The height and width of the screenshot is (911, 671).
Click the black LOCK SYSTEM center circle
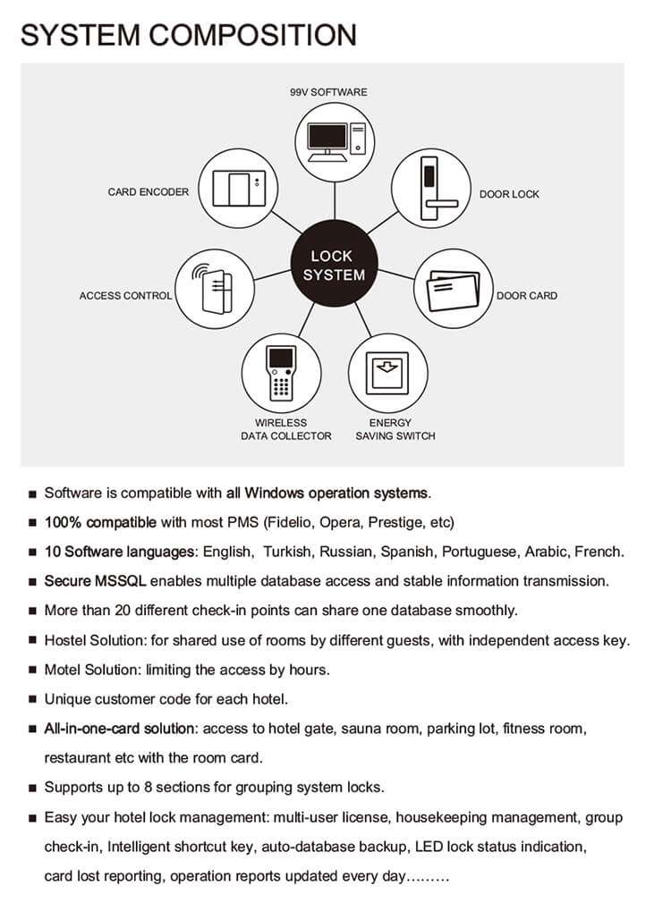point(333,266)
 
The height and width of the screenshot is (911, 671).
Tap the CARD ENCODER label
point(149,192)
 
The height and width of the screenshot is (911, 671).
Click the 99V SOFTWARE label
point(328,92)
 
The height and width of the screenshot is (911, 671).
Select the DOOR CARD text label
point(527,295)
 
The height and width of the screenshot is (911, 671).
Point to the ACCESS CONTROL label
point(125,295)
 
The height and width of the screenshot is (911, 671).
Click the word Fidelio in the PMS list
point(289,522)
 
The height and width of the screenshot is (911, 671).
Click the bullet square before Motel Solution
point(32,670)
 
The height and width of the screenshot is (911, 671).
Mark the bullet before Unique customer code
point(32,699)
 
